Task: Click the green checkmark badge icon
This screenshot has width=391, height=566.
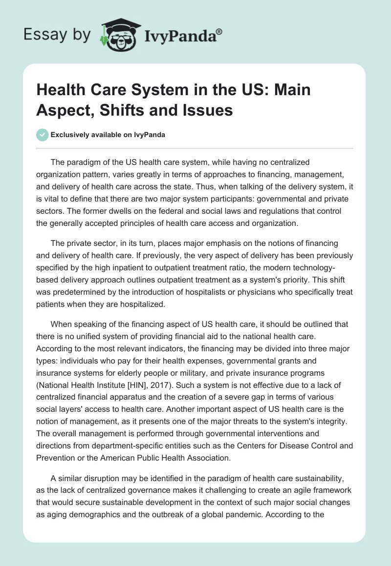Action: (43, 135)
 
